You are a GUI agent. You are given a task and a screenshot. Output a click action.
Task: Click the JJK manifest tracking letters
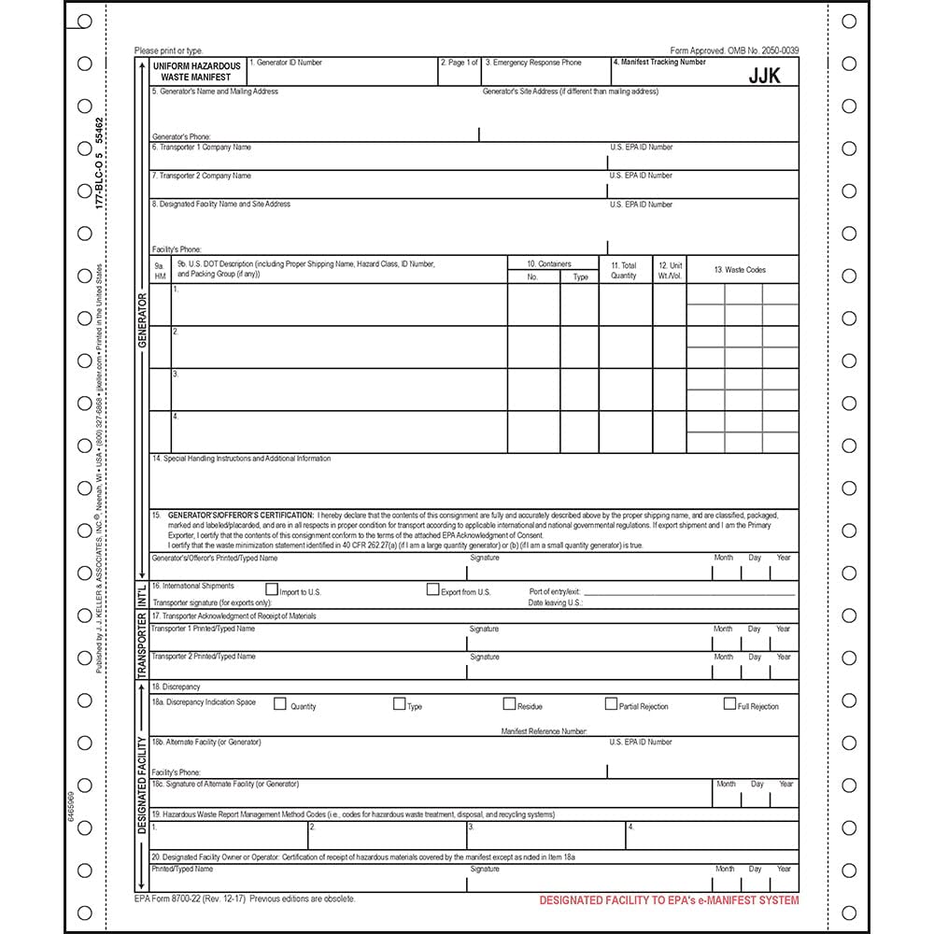pos(764,77)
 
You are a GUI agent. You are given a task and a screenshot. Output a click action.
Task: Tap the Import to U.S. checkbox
pos(272,589)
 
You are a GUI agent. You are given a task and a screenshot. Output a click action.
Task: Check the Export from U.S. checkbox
pos(432,589)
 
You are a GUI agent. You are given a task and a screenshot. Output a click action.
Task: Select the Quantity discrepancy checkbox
pos(279,704)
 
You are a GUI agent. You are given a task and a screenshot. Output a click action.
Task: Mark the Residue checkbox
pos(509,704)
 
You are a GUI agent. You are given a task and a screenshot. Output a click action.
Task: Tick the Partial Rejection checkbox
pos(611,704)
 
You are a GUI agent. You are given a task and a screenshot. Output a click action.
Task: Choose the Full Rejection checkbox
pos(729,704)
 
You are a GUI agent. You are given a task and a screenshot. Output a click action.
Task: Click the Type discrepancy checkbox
pos(399,704)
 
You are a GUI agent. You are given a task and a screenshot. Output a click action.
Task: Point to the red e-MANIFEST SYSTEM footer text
pos(669,900)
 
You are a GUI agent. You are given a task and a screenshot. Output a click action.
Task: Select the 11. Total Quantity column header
pos(624,270)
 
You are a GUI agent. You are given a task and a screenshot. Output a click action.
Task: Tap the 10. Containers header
pos(548,264)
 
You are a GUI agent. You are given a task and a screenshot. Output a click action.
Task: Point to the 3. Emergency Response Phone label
pos(533,63)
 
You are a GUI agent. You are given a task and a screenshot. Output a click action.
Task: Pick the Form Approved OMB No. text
pos(734,50)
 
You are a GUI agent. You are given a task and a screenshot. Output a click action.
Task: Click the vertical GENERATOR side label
pos(143,320)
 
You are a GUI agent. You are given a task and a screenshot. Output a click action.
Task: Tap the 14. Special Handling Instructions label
pos(241,459)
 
